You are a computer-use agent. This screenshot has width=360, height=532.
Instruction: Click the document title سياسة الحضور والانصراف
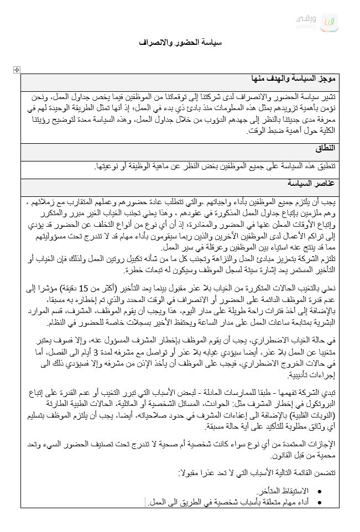tap(180, 43)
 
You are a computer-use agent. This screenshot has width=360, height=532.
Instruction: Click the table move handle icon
tap(17, 70)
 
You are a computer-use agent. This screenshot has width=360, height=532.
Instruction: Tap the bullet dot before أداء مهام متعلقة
tap(322, 502)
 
